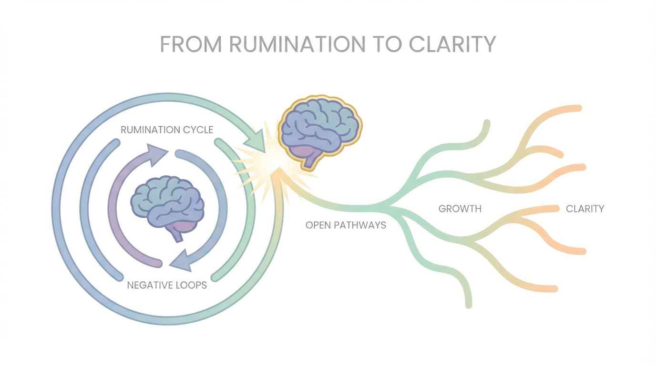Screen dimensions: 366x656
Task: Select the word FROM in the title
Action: [x=191, y=44]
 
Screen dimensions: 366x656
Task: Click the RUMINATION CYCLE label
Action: [x=166, y=130]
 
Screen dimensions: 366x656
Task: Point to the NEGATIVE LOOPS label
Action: [x=167, y=285]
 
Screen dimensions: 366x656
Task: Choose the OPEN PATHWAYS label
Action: [x=346, y=225]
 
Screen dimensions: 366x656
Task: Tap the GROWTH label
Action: [x=460, y=209]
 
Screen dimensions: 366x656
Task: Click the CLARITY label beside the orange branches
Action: [x=584, y=209]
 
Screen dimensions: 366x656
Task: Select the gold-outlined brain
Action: [x=320, y=126]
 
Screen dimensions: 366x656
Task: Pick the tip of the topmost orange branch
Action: [x=578, y=108]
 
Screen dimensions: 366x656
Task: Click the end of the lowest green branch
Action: [x=468, y=305]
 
